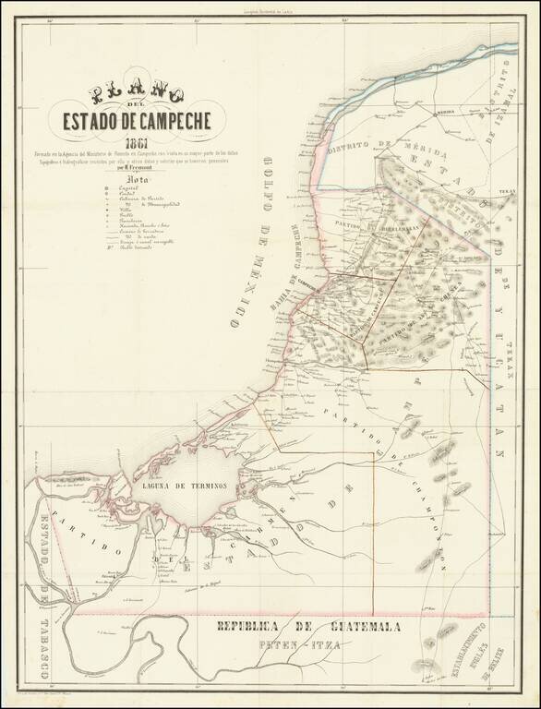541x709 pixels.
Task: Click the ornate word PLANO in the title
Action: [136, 94]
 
